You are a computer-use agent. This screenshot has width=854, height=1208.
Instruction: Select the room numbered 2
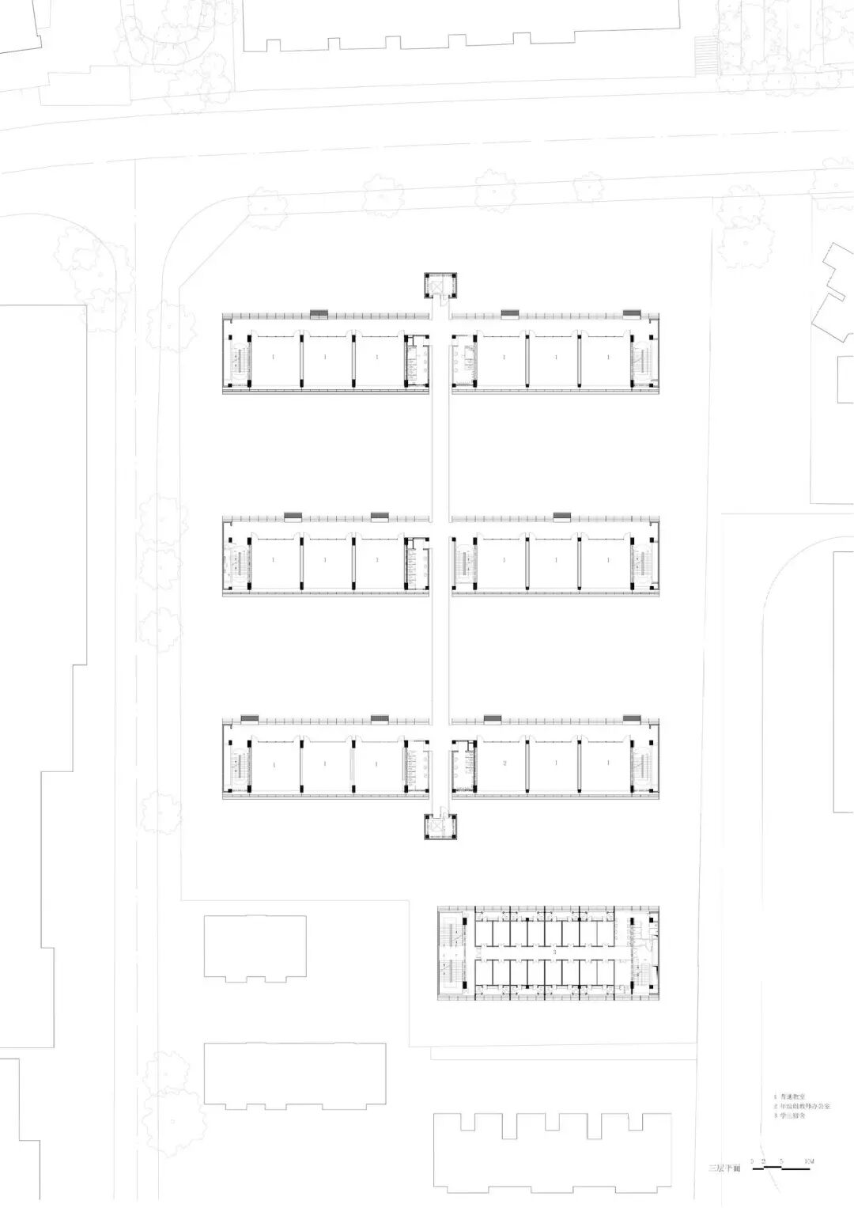click(x=504, y=764)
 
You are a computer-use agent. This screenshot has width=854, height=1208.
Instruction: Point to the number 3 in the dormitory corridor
click(x=554, y=952)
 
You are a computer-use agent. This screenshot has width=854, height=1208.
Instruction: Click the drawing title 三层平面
click(x=724, y=1168)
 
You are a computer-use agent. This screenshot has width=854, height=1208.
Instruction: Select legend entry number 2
click(x=802, y=1107)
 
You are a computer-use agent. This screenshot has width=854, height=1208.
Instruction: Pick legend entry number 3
click(x=791, y=1115)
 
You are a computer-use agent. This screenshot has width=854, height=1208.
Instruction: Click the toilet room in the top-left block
click(x=416, y=361)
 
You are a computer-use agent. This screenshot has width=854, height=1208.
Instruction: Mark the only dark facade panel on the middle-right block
click(x=562, y=517)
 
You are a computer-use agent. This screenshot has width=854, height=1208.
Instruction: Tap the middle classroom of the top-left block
click(x=325, y=358)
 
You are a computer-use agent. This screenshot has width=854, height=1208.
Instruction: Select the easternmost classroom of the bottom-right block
click(x=608, y=764)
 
